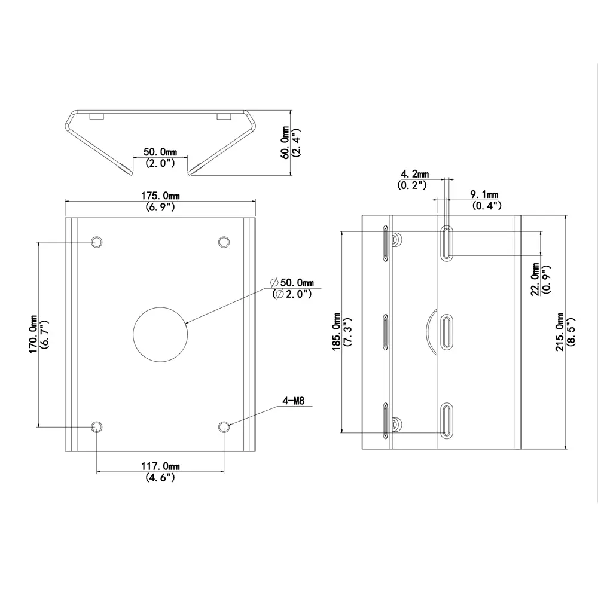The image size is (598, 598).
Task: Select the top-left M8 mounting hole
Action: click(x=96, y=242)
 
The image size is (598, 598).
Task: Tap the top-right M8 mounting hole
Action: click(x=224, y=242)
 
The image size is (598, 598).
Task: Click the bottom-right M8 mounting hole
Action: click(x=224, y=426)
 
